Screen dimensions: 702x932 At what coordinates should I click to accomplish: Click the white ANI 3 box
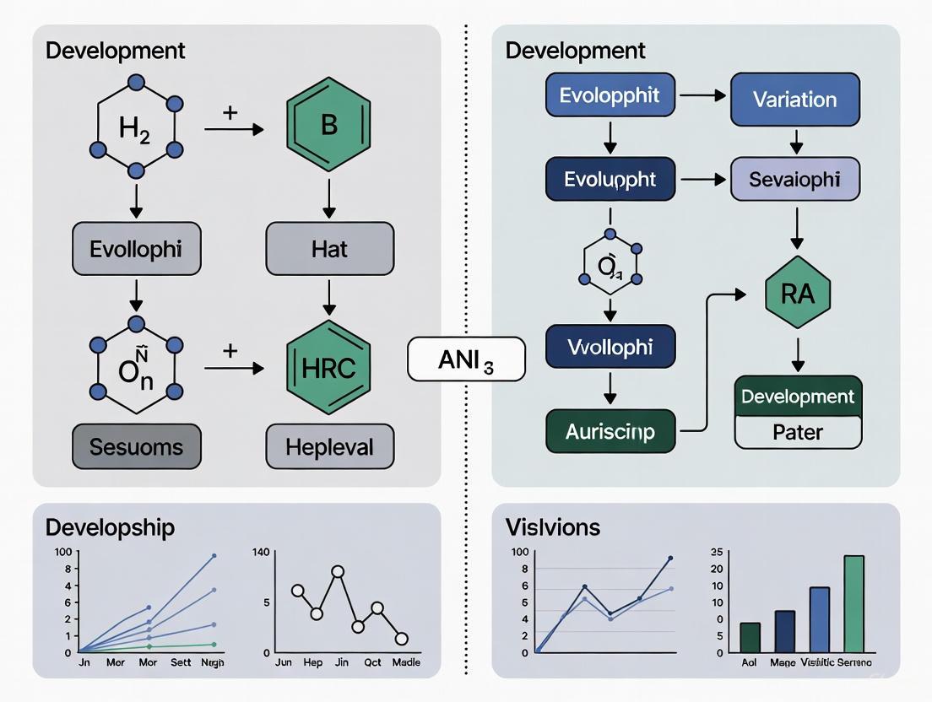tap(466, 360)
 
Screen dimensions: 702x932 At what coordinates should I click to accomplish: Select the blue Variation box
tap(794, 100)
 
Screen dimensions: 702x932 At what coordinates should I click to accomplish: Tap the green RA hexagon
tap(798, 294)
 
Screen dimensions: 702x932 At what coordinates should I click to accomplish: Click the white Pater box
tap(798, 432)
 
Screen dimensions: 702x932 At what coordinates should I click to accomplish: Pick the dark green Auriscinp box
tap(610, 433)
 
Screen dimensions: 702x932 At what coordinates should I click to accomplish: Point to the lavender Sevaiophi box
tap(794, 179)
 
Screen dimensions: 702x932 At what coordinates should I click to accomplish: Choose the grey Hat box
tap(329, 249)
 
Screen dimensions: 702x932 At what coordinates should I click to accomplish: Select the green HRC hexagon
tap(329, 368)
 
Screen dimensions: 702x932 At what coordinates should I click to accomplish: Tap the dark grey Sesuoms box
tap(137, 446)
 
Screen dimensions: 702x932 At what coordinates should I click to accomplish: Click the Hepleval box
tap(329, 446)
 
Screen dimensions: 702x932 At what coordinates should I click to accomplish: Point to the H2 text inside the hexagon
tap(135, 129)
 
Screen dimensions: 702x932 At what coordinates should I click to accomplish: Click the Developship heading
tap(111, 527)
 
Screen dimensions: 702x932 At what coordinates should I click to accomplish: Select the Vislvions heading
tap(553, 527)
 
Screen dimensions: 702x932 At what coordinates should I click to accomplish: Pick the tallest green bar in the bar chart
tap(853, 603)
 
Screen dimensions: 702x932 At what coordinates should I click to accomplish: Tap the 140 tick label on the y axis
tap(261, 553)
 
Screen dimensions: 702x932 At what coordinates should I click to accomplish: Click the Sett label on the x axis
tap(181, 663)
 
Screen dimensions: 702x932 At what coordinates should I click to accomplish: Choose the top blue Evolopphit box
tap(610, 94)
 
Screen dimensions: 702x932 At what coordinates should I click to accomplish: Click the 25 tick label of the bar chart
tap(717, 553)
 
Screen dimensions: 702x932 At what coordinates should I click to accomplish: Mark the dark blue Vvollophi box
tap(610, 347)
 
